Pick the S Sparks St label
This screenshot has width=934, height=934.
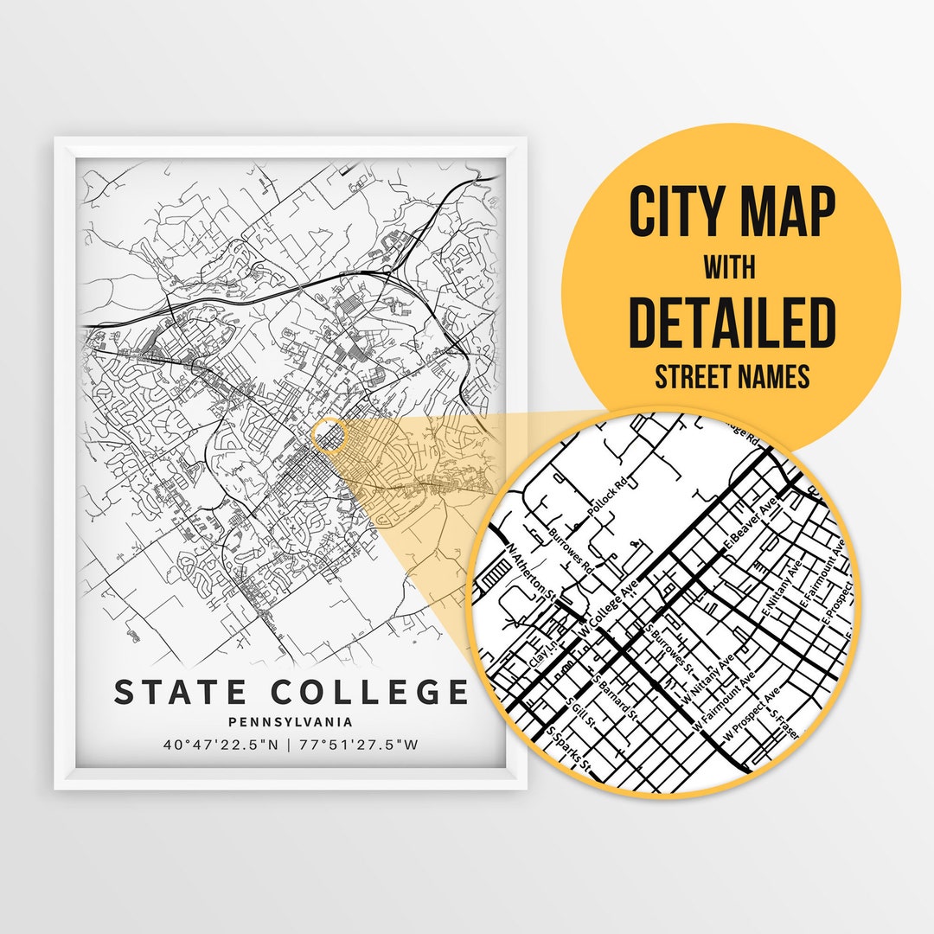click(x=569, y=749)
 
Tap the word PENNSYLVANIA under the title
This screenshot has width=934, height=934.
click(x=291, y=720)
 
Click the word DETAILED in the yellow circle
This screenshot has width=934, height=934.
click(x=732, y=323)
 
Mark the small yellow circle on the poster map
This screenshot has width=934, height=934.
click(x=329, y=436)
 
